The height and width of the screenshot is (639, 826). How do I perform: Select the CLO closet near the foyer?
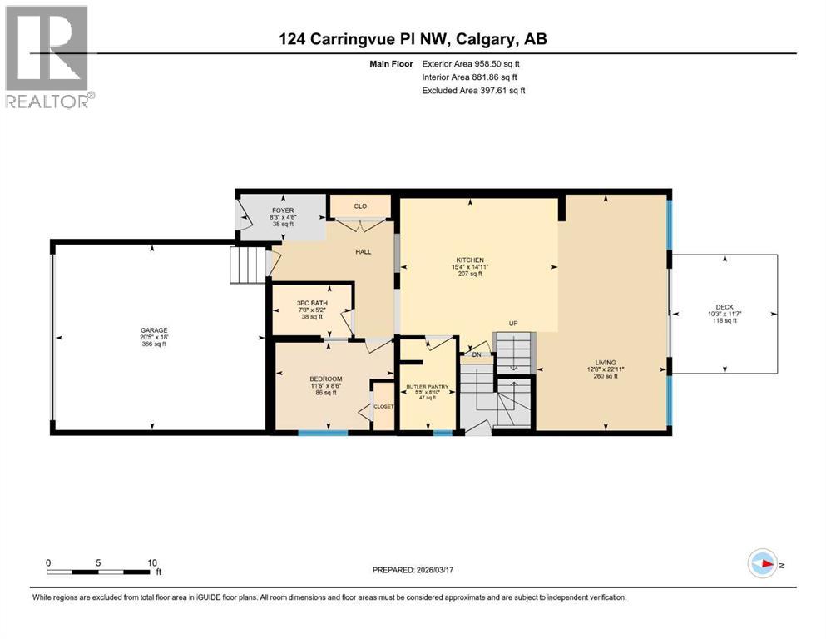360,206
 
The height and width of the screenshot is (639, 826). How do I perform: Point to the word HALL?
363,251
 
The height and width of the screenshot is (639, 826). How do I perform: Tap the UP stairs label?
514,324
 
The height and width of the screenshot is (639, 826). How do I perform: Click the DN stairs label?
476,354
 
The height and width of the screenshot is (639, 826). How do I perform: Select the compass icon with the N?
763,564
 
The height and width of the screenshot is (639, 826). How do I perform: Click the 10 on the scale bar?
152,562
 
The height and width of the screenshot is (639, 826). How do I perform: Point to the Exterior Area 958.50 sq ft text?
472,63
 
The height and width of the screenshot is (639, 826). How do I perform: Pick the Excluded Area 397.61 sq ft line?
473,90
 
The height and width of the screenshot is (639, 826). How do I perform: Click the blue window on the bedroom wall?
323,433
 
